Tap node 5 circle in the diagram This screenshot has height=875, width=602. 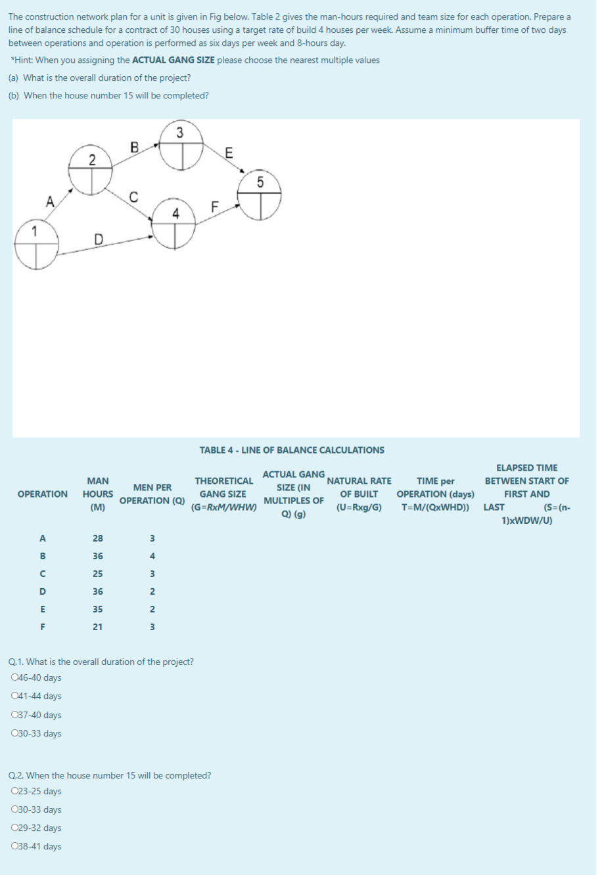tap(260, 195)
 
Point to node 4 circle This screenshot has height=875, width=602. tap(174, 224)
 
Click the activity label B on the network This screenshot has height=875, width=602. tap(134, 147)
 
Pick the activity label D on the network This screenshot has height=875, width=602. tap(99, 238)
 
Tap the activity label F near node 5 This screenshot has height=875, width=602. tap(214, 206)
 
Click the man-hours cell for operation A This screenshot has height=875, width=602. tap(97, 538)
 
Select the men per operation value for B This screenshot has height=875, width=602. tap(152, 556)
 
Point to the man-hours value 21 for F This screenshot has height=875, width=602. tap(97, 627)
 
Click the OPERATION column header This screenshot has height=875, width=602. tap(43, 494)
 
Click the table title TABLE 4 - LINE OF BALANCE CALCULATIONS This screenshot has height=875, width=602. tap(292, 450)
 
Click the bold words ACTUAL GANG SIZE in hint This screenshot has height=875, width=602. tap(174, 60)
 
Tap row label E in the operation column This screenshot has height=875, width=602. tap(43, 609)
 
